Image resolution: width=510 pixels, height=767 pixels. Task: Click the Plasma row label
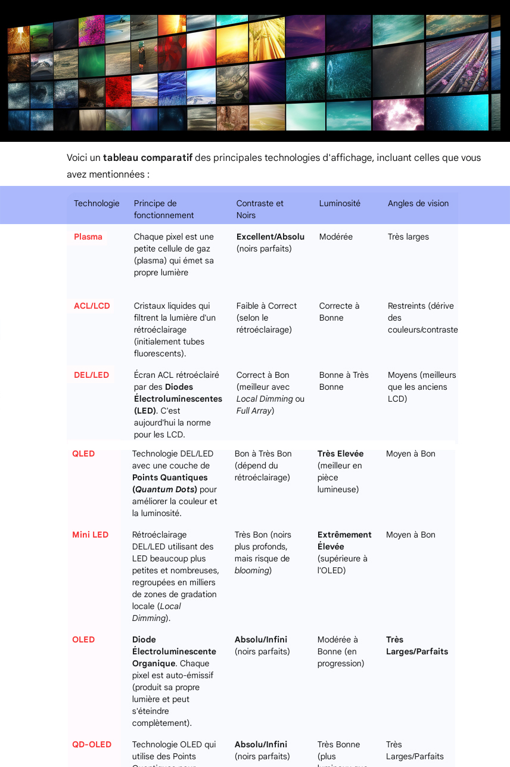(x=88, y=237)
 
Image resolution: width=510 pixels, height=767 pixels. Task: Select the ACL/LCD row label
(x=92, y=306)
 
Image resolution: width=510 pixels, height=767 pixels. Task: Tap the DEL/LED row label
(x=91, y=375)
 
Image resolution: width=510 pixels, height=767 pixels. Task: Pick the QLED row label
(x=83, y=454)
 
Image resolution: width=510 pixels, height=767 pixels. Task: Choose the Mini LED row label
(x=90, y=535)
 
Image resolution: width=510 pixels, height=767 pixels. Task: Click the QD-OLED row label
(x=92, y=744)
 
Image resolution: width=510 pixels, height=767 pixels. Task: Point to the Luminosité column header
(x=340, y=203)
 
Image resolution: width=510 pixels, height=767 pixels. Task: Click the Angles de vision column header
(x=418, y=203)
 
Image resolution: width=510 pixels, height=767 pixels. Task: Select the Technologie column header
(x=97, y=203)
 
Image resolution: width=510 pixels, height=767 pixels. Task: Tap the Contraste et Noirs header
(x=260, y=209)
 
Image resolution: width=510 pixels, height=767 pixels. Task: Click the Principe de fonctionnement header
(x=164, y=209)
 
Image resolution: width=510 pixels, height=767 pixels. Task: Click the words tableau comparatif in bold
(x=148, y=158)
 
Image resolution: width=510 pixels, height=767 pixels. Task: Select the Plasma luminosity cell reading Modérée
(x=336, y=237)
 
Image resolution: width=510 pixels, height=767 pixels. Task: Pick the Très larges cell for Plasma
(x=408, y=237)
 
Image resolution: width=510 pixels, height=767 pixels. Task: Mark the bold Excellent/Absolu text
(x=270, y=237)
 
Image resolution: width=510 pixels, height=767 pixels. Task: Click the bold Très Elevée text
(x=340, y=454)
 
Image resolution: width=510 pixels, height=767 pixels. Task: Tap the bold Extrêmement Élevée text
(x=344, y=541)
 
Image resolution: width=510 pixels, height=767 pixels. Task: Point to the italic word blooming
(x=252, y=570)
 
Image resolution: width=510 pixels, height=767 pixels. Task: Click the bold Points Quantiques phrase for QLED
(x=170, y=477)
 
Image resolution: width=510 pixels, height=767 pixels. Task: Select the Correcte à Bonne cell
(x=339, y=312)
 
